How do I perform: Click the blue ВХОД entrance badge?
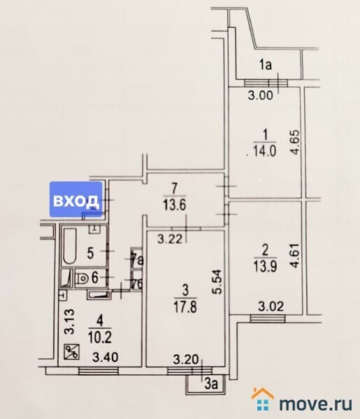pyautogui.click(x=76, y=199)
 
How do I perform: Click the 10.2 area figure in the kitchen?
pyautogui.click(x=99, y=337)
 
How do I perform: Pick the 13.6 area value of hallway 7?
pyautogui.click(x=174, y=205)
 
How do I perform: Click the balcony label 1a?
pyautogui.click(x=266, y=65)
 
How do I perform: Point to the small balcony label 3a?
pyautogui.click(x=212, y=384)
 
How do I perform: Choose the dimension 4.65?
pyautogui.click(x=295, y=142)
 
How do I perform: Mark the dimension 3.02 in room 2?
pyautogui.click(x=271, y=307)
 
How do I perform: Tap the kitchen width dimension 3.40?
pyautogui.click(x=106, y=357)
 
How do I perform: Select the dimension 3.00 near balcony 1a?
pyautogui.click(x=261, y=96)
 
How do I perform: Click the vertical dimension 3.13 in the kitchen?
pyautogui.click(x=70, y=321)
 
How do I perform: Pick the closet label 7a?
pyautogui.click(x=138, y=260)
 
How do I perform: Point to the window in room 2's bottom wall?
pyautogui.click(x=268, y=319)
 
